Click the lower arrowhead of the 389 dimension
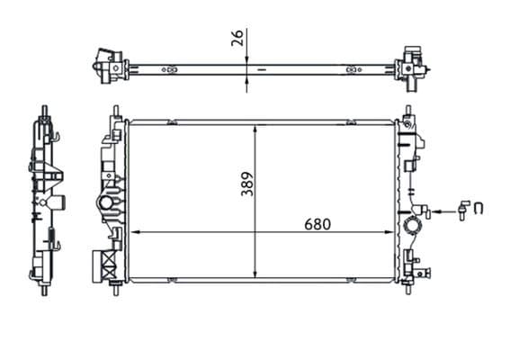257,275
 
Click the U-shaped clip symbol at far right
479,210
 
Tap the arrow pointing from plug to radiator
437,211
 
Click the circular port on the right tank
416,223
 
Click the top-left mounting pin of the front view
114,112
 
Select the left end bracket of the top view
108,65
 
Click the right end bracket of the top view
412,65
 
